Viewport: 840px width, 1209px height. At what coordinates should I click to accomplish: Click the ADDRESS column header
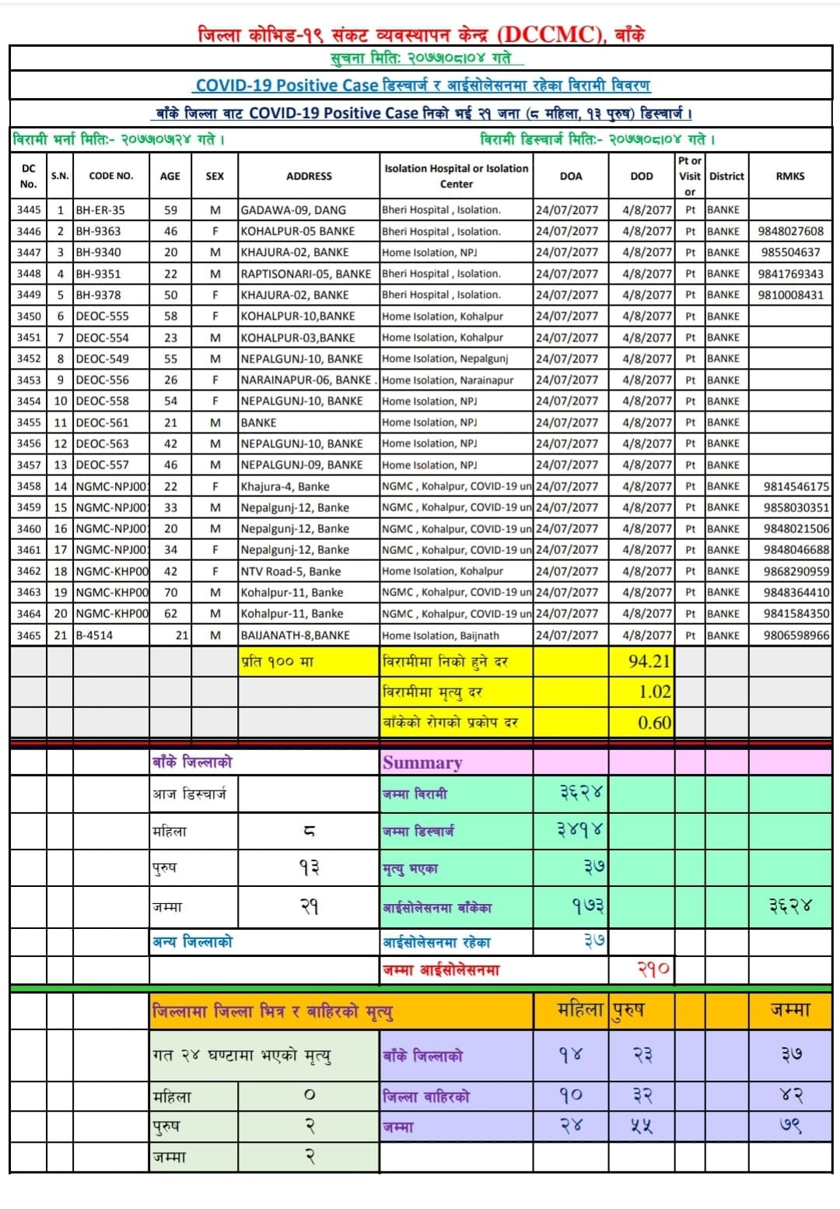pyautogui.click(x=309, y=176)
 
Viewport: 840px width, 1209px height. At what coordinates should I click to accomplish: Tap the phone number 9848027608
pyautogui.click(x=790, y=231)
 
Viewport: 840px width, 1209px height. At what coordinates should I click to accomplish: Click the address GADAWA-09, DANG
pyautogui.click(x=293, y=210)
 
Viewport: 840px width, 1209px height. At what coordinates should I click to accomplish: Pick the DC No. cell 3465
pyautogui.click(x=29, y=635)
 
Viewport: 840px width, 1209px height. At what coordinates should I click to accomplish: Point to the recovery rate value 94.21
pyautogui.click(x=649, y=661)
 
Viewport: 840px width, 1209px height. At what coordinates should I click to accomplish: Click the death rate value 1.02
pyautogui.click(x=654, y=692)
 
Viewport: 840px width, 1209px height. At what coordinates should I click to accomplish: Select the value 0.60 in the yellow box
pyautogui.click(x=654, y=722)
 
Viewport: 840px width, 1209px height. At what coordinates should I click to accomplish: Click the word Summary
pyautogui.click(x=422, y=762)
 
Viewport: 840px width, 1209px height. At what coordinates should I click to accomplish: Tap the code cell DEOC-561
pyautogui.click(x=103, y=422)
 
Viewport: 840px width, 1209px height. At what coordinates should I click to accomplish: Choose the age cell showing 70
pyautogui.click(x=171, y=592)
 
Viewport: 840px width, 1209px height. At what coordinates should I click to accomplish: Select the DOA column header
pyautogui.click(x=571, y=176)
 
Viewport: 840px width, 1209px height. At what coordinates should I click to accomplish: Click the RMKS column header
pyautogui.click(x=790, y=176)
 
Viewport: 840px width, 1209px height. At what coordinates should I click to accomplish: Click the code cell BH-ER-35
pyautogui.click(x=100, y=210)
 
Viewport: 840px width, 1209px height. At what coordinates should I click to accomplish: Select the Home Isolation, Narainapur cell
pyautogui.click(x=448, y=380)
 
